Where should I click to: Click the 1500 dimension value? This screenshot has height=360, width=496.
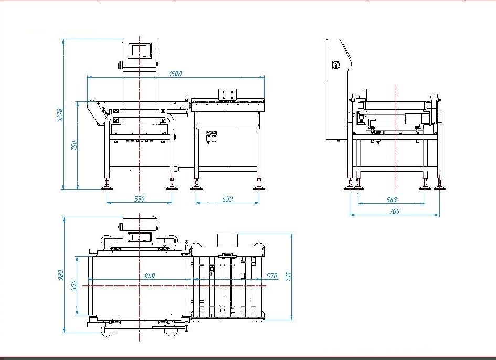tap(175, 74)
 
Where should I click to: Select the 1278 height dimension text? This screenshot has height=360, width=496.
tap(60, 114)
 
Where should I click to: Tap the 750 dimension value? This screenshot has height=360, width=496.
tap(74, 145)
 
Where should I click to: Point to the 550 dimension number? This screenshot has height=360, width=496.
tap(139, 199)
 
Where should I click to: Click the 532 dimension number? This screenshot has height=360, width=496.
tap(227, 199)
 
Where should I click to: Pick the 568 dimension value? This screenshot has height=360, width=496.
tap(391, 199)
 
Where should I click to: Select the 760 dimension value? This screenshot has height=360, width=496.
tap(394, 211)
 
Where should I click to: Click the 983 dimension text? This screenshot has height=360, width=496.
tap(60, 274)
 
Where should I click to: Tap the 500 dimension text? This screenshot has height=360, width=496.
tap(74, 285)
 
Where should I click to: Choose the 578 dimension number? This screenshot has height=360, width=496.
tap(271, 276)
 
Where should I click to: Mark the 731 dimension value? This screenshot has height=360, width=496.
tap(288, 276)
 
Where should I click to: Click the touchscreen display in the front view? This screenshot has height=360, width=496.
tap(140, 49)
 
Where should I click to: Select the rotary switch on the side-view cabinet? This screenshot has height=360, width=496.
tap(335, 65)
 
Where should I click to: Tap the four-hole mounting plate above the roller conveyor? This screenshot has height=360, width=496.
tap(228, 94)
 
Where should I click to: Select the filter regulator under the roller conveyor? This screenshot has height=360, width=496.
tap(211, 137)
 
